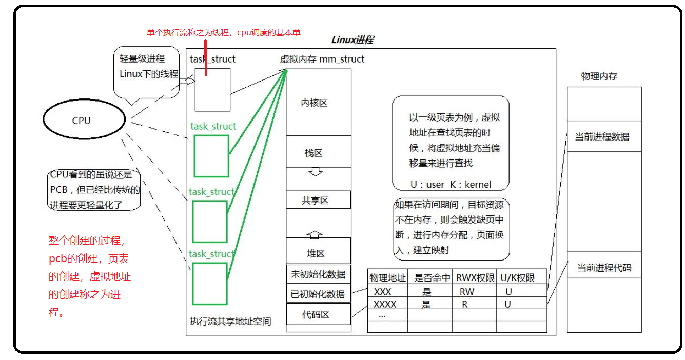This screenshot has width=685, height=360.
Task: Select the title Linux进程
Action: [353, 40]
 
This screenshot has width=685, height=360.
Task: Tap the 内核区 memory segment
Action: [314, 103]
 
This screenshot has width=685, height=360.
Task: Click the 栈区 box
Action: [314, 153]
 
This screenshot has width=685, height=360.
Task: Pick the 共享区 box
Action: [315, 201]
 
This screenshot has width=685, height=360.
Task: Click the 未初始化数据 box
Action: [318, 274]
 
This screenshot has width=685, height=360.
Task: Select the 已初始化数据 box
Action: [318, 294]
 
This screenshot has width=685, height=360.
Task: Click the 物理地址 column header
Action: [387, 278]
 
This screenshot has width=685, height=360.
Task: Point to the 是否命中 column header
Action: [432, 278]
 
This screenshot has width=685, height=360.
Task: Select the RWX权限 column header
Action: [475, 278]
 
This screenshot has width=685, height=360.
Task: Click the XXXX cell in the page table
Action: [385, 304]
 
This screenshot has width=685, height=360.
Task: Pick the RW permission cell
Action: [467, 292]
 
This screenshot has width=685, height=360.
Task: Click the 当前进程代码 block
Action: [604, 268]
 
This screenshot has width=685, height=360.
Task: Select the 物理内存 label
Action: [599, 76]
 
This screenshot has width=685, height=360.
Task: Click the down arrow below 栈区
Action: [315, 171]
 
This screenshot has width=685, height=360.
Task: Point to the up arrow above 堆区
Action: [315, 234]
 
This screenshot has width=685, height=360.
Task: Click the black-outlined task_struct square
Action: [212, 90]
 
